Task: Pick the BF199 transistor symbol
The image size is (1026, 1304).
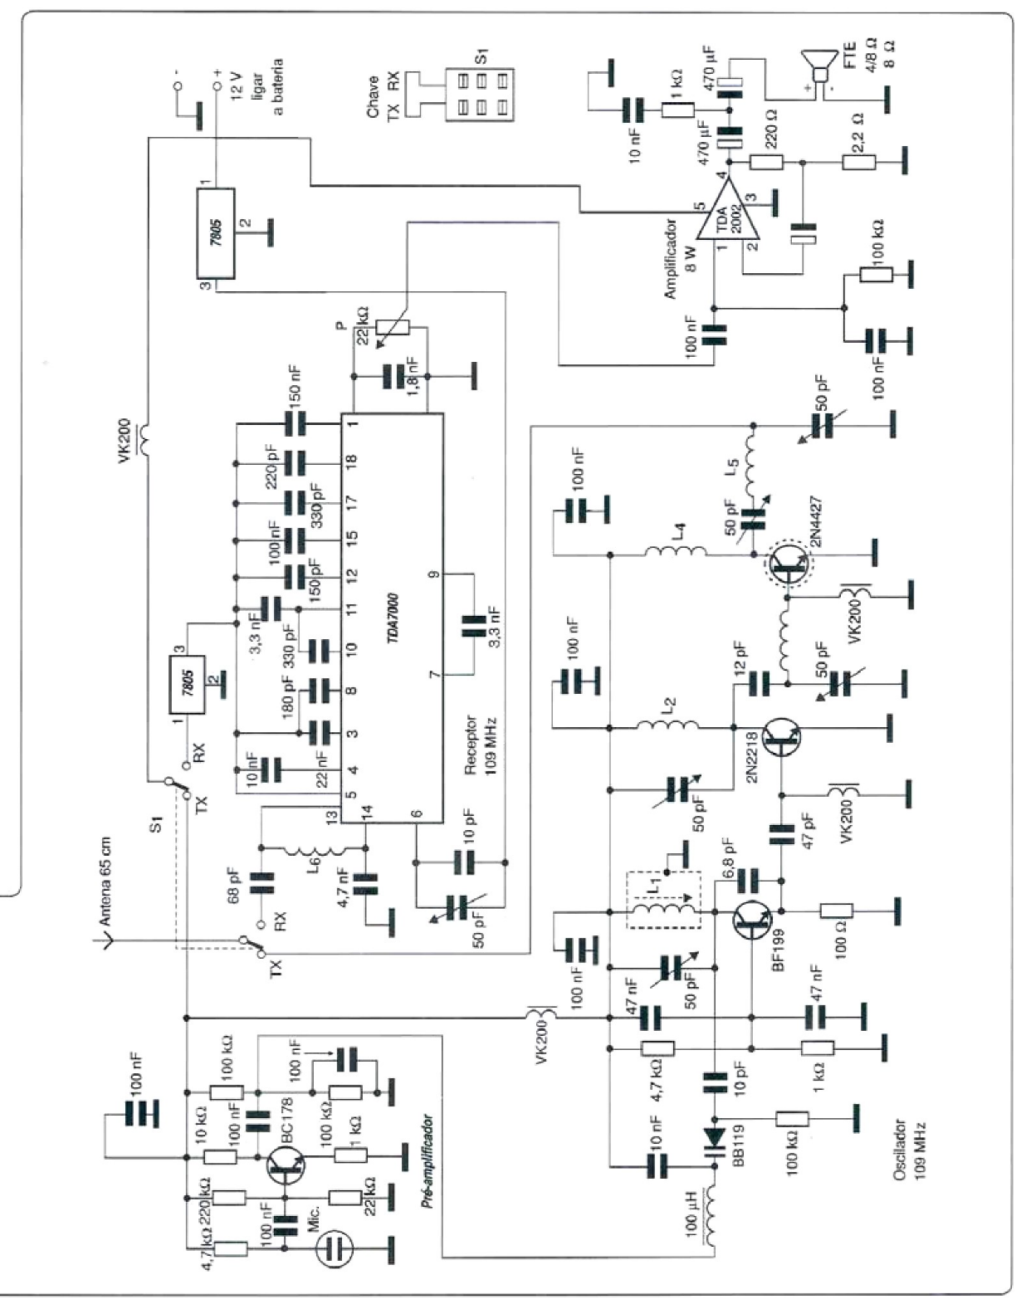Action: click(x=753, y=920)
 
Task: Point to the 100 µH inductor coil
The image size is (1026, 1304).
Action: click(x=713, y=1219)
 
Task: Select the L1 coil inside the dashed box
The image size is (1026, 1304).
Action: click(x=663, y=910)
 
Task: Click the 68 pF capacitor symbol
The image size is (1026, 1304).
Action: click(x=261, y=884)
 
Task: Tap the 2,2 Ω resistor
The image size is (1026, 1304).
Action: click(x=858, y=163)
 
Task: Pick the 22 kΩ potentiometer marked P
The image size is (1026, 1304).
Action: click(x=393, y=328)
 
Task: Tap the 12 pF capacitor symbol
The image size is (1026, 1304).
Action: click(x=759, y=684)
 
